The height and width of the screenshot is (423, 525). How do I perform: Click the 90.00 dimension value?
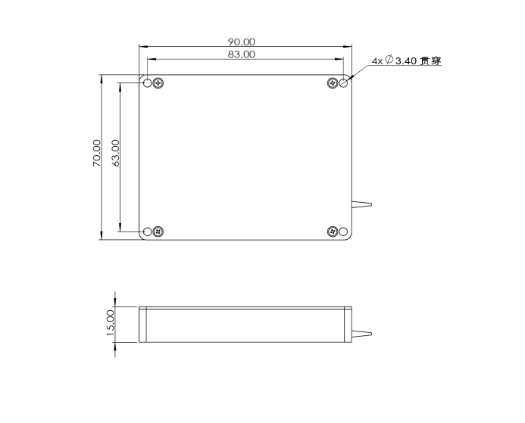click(241, 42)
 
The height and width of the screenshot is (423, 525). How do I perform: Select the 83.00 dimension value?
click(241, 54)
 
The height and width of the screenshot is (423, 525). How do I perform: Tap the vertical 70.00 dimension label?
click(96, 153)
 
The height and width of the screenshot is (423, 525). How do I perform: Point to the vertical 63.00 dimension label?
click(115, 153)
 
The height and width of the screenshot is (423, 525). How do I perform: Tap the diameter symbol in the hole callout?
click(389, 60)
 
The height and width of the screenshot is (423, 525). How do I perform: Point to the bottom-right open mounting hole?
click(343, 231)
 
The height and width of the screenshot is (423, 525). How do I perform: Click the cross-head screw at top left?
click(158, 82)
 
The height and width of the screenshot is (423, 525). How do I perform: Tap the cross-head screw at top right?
click(332, 82)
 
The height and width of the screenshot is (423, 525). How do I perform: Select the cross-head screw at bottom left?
click(158, 231)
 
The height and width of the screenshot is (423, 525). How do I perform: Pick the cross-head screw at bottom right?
click(332, 231)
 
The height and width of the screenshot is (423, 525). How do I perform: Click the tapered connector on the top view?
click(361, 204)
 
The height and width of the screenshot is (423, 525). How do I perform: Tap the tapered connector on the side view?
click(361, 332)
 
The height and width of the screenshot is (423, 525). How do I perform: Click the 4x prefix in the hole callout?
click(377, 61)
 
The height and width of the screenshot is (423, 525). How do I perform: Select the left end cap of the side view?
click(142, 324)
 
